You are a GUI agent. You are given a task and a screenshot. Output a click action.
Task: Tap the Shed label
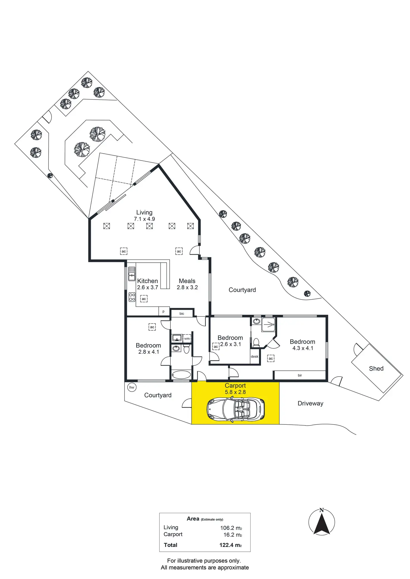376,368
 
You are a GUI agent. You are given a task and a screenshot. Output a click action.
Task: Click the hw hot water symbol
132,387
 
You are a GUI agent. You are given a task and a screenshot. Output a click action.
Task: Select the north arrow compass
322,522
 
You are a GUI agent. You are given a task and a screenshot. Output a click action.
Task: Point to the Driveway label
310,403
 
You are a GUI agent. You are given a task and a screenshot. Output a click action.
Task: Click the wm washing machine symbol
187,338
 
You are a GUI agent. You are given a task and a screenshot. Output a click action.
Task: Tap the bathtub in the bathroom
181,375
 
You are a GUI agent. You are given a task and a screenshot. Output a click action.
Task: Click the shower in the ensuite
268,325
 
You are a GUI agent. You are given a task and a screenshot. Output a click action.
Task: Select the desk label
255,357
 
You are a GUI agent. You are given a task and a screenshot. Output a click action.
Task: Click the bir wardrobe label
300,375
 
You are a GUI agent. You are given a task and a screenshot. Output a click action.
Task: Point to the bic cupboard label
182,313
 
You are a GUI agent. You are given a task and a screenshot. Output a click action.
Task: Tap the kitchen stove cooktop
132,297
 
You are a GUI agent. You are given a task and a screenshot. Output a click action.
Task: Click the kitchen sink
132,274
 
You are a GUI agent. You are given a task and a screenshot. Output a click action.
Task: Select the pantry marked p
163,311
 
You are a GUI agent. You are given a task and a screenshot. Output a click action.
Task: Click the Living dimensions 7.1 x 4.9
144,219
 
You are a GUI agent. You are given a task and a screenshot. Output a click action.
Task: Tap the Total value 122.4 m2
230,545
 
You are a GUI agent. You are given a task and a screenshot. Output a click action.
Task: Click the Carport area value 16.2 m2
233,535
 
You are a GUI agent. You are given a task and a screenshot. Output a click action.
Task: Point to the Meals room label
187,281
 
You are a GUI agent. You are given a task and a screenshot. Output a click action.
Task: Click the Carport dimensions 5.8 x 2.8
235,392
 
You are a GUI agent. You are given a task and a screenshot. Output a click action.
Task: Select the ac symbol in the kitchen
144,299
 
